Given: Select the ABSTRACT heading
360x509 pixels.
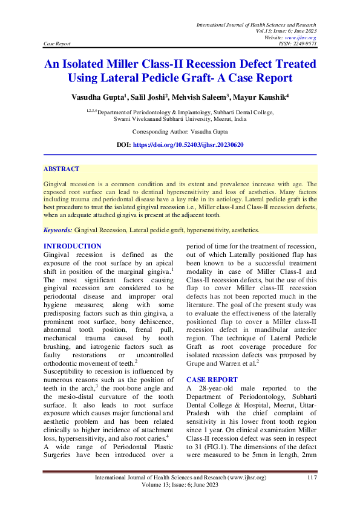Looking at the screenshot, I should point(61,169).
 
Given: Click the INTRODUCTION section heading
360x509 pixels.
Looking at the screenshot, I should point(73,246).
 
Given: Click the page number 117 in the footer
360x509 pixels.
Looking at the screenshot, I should point(312,478).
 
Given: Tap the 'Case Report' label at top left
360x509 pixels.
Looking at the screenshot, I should point(57,44).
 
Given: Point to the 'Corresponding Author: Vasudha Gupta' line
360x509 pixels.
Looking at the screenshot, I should point(180,131).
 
